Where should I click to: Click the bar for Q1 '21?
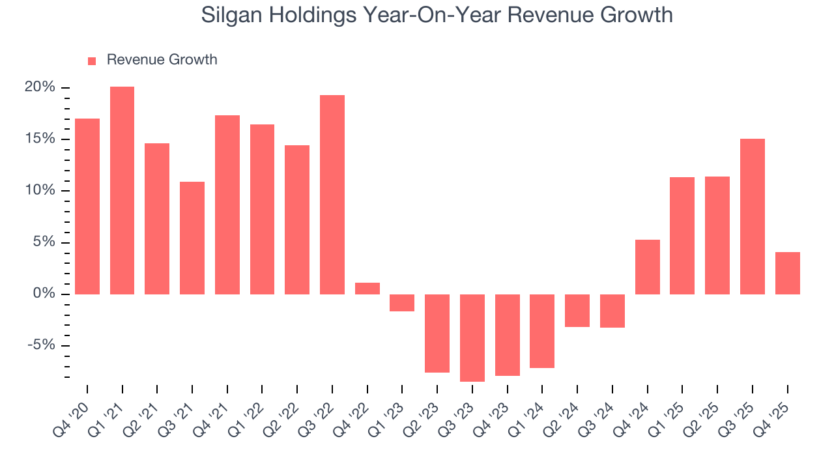click(x=122, y=190)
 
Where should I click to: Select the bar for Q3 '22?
click(x=332, y=195)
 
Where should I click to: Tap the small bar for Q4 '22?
click(x=367, y=289)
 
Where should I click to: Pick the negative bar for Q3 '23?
click(x=472, y=337)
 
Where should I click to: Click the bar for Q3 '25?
click(x=753, y=216)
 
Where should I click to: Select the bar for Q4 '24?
click(x=648, y=267)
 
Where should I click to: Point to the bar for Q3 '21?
click(x=192, y=238)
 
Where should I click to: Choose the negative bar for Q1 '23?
click(x=402, y=303)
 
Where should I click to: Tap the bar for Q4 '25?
click(x=787, y=273)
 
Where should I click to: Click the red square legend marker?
click(x=92, y=61)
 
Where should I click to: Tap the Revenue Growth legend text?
click(x=162, y=60)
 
